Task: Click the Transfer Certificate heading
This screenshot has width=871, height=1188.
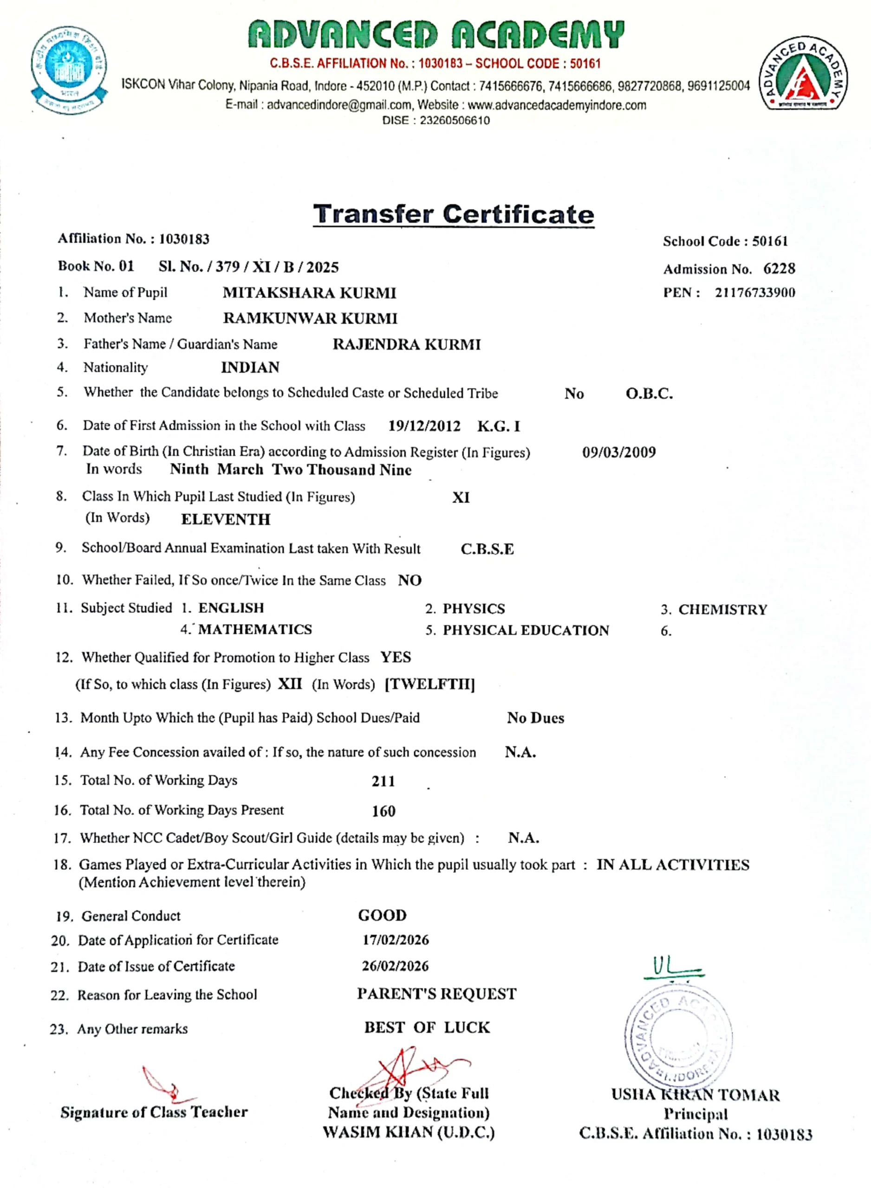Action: click(x=454, y=214)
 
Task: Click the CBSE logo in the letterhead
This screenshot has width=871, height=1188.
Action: click(x=69, y=69)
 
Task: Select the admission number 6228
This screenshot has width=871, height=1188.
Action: click(x=779, y=269)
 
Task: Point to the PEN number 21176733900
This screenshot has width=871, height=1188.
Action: click(x=754, y=292)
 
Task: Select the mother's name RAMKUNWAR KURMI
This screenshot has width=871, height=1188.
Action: click(x=310, y=318)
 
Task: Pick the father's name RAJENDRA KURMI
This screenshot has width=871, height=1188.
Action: click(x=407, y=344)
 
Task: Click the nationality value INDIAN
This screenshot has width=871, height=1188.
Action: click(x=250, y=367)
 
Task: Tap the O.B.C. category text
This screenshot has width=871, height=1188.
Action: click(x=649, y=394)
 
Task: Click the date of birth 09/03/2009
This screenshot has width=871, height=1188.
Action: click(x=619, y=452)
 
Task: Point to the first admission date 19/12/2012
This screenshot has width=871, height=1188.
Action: click(x=424, y=426)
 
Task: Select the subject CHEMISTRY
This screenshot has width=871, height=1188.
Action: click(x=722, y=609)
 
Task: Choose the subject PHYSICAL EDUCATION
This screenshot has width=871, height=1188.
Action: click(x=526, y=630)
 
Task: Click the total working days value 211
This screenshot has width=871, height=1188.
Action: click(x=383, y=781)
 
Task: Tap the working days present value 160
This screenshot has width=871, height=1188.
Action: click(x=383, y=811)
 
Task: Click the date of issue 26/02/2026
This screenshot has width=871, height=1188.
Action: click(x=395, y=966)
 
